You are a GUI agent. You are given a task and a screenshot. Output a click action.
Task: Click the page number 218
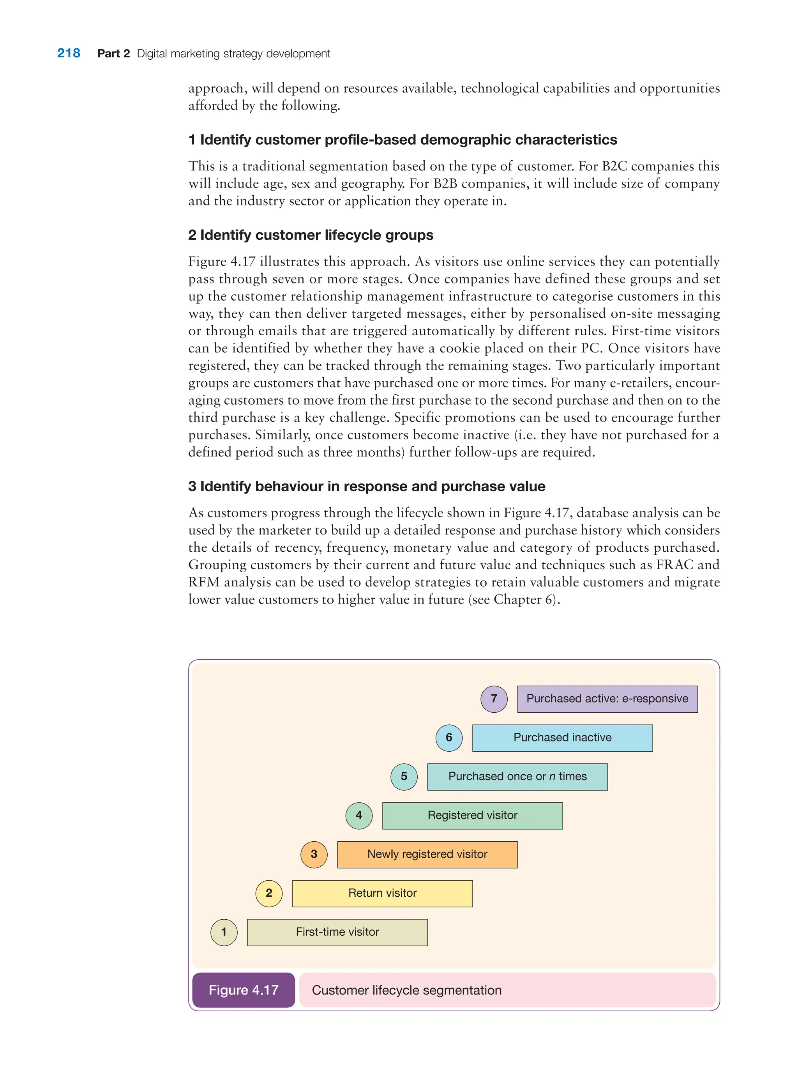tap(69, 53)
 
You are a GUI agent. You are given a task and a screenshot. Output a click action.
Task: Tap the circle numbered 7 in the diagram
tap(494, 699)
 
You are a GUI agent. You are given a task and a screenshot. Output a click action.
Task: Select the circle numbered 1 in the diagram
tap(224, 932)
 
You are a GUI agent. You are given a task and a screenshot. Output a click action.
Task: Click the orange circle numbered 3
tap(314, 854)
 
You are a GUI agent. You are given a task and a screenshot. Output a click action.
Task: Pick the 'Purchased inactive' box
tap(562, 738)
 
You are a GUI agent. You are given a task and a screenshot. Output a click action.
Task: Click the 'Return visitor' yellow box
tap(382, 893)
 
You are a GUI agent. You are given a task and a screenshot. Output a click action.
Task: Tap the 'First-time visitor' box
tap(337, 932)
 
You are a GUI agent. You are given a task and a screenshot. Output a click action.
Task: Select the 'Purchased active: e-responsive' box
tap(607, 699)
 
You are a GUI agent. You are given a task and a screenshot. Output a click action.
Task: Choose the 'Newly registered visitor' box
tap(427, 854)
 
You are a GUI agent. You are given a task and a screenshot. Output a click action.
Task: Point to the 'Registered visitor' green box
tap(472, 815)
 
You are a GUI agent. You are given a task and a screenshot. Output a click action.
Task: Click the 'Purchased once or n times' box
tap(517, 777)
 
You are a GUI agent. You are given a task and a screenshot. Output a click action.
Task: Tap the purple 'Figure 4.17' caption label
tap(244, 990)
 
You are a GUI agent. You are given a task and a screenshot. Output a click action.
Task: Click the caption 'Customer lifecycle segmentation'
tap(407, 990)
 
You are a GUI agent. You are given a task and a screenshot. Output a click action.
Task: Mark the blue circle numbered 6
tap(449, 738)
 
